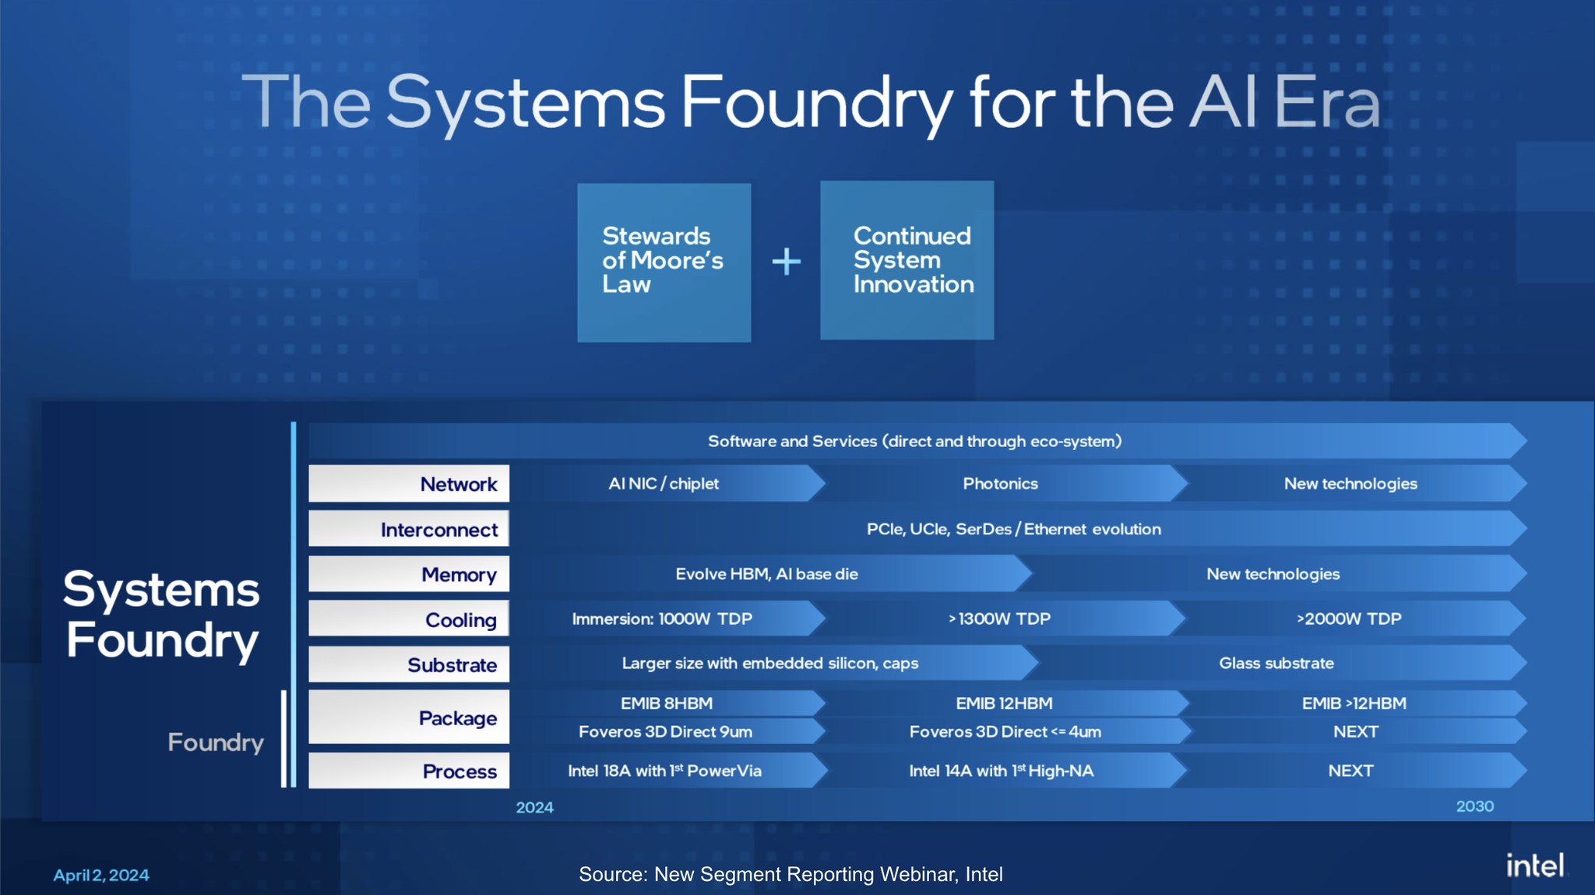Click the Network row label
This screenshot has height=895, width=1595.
pos(458,484)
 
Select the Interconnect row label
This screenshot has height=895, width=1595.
pos(438,530)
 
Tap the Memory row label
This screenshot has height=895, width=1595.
pos(459,575)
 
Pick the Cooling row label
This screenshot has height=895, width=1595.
pos(460,620)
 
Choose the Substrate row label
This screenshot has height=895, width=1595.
pos(452,665)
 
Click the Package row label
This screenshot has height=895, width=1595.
pos(457,718)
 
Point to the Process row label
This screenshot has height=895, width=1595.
pos(459,771)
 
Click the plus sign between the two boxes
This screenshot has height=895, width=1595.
pos(786,262)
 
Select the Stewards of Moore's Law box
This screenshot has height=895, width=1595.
pos(664,262)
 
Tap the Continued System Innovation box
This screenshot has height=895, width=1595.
pos(907,260)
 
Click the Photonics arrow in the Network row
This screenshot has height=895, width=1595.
pos(1000,484)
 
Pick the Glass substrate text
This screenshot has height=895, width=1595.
pos(1276,664)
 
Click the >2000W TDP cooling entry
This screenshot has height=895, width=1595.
pos(1348,619)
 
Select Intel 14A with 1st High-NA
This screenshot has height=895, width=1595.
pos(1001,771)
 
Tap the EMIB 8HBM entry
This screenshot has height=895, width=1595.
pos(666,703)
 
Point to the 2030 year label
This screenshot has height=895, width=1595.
pos(1474,806)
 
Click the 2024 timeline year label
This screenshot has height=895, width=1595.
pos(534,808)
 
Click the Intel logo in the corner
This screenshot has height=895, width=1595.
pos(1533,865)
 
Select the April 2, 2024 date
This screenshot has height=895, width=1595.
pos(101,876)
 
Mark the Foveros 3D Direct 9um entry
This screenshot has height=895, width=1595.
pos(665,732)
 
